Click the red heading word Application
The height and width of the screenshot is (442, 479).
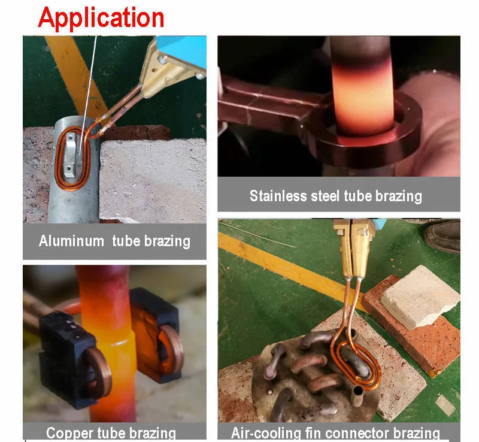[101, 18]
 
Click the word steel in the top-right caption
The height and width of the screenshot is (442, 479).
[327, 195]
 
